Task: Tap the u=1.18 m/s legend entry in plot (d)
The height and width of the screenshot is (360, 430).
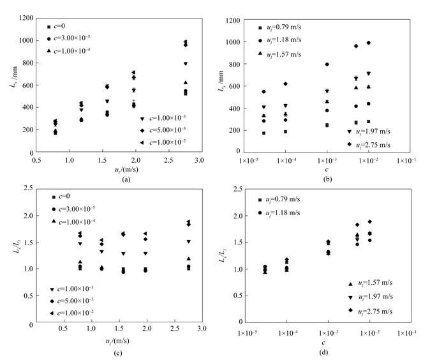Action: tap(281, 213)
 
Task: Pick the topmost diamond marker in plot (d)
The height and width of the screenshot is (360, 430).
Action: tap(369, 221)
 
